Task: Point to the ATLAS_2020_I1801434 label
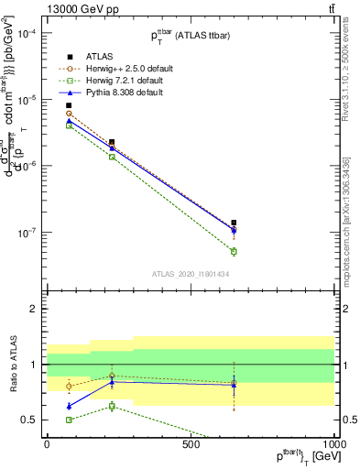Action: [191, 274]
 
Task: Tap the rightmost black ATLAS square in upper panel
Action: [234, 223]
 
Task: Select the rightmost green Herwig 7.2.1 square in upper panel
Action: [234, 251]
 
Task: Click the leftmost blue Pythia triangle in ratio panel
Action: [69, 406]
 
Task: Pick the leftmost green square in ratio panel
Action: [69, 420]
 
